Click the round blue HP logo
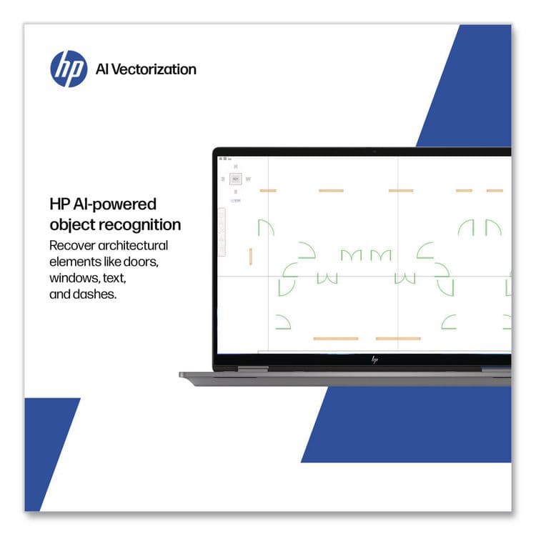[x=69, y=69]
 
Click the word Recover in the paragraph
[x=71, y=246]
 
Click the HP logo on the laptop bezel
[x=374, y=359]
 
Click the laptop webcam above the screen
[x=374, y=152]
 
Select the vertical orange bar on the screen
[x=251, y=256]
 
